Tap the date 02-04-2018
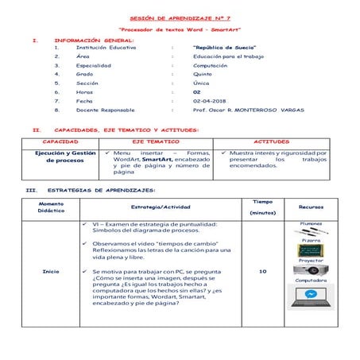207,101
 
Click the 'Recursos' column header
310,207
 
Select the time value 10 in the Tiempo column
262,271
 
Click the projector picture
310,271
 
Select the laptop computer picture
310,297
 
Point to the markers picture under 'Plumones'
310,231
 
